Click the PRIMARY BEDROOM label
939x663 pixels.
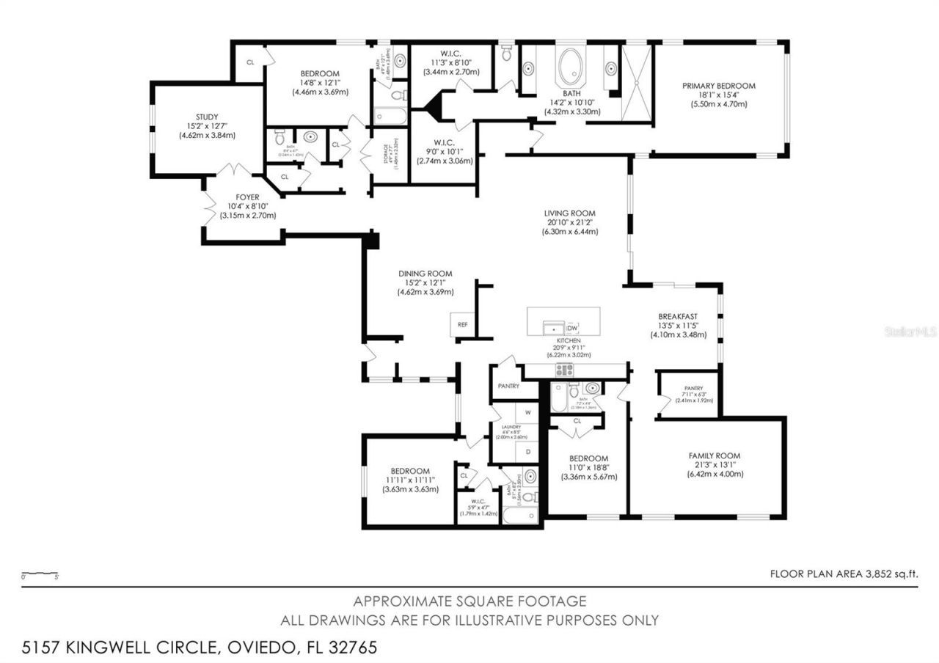pos(718,86)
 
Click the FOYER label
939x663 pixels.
pos(247,197)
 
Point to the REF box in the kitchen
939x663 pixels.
pos(462,323)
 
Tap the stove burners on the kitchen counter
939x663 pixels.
pos(563,370)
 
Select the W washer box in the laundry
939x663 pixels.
pos(527,413)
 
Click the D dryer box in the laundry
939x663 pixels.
pos(527,452)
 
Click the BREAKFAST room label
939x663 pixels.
pos(677,317)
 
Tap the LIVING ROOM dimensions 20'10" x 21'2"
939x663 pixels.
pos(569,222)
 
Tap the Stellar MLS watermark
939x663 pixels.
pos(910,331)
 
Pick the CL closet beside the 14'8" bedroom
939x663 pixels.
pos(250,62)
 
